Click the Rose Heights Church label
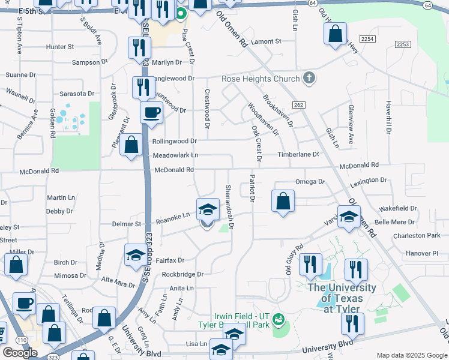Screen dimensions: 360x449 click(261, 79)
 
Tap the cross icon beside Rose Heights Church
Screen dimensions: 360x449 click(309, 78)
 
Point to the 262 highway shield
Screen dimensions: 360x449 click(300, 105)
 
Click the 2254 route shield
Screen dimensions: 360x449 click(368, 38)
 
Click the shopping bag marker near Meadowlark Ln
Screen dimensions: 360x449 click(131, 145)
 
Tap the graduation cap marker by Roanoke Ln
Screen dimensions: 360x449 click(208, 210)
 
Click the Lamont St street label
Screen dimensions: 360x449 click(266, 41)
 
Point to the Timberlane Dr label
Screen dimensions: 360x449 click(298, 154)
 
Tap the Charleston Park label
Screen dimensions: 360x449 click(417, 236)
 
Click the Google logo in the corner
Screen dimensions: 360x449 click(20, 352)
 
